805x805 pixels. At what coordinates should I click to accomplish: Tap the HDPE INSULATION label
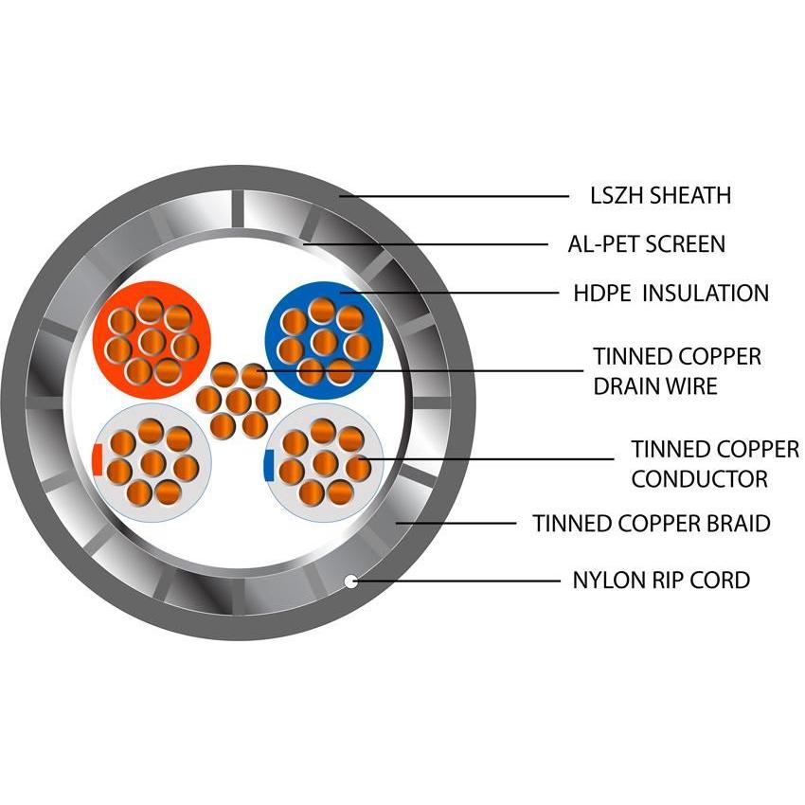tap(671, 293)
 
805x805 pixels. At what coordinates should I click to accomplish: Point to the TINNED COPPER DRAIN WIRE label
tap(676, 371)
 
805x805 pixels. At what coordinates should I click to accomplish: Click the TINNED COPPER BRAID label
tap(651, 523)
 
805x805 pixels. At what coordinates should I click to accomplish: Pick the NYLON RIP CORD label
tap(661, 580)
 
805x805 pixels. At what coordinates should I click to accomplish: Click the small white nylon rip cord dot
tap(350, 581)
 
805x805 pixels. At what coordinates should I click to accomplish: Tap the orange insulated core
tap(151, 332)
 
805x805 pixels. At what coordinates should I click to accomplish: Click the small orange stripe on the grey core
tap(98, 458)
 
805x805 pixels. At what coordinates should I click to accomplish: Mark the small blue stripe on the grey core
tap(269, 463)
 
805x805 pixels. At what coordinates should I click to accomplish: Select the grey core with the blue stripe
tap(325, 464)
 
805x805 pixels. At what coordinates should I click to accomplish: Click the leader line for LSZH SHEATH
tap(455, 196)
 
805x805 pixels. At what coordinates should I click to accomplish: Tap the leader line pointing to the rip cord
tap(455, 581)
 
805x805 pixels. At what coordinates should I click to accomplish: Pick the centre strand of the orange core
tap(151, 339)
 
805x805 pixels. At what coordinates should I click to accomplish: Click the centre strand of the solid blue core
tap(325, 339)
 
